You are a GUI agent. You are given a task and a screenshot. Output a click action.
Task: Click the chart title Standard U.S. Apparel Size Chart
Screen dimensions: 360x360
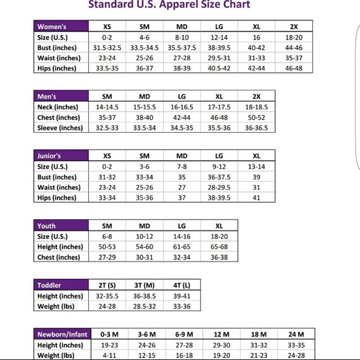click(169, 5)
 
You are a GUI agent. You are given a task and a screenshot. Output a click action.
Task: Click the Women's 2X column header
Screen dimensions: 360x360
click(294, 27)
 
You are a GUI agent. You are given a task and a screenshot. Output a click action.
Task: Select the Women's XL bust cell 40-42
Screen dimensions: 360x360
click(256, 48)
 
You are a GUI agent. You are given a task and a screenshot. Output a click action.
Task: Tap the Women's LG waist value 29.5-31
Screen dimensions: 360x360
click(219, 58)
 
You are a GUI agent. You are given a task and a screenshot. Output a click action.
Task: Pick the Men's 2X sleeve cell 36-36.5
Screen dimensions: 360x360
click(256, 128)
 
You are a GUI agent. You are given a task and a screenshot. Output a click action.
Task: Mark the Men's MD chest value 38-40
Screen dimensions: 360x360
click(144, 117)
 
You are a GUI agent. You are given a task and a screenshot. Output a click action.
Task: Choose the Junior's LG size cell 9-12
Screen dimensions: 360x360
click(219, 166)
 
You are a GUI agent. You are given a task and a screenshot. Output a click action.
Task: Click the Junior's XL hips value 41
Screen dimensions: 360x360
click(256, 197)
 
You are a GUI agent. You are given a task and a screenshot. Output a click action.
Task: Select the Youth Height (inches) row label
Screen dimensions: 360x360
click(60, 247)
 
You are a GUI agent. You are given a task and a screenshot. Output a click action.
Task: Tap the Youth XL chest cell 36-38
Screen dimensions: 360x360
click(219, 257)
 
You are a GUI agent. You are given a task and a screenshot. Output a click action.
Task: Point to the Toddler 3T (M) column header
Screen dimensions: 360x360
click(144, 286)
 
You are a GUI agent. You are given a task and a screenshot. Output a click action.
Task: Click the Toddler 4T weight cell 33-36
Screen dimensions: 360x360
click(182, 306)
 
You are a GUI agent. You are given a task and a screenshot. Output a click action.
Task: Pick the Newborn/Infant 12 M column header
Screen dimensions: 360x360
click(219, 335)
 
